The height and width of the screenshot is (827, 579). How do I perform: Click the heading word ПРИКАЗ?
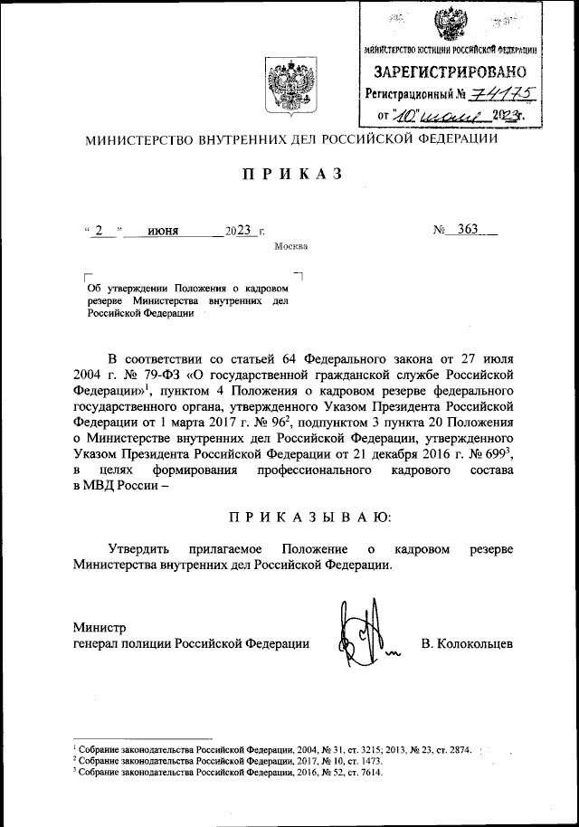(x=290, y=176)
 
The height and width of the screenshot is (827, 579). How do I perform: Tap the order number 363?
(x=468, y=230)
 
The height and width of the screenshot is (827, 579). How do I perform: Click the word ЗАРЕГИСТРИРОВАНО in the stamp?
(x=451, y=71)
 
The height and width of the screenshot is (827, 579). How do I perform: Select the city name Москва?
(x=291, y=246)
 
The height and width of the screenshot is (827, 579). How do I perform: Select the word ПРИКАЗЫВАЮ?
(x=309, y=517)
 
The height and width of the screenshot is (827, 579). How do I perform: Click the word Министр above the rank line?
(x=100, y=626)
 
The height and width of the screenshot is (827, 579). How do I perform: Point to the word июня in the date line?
(x=164, y=231)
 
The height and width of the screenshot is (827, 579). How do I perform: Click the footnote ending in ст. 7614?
(x=227, y=775)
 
